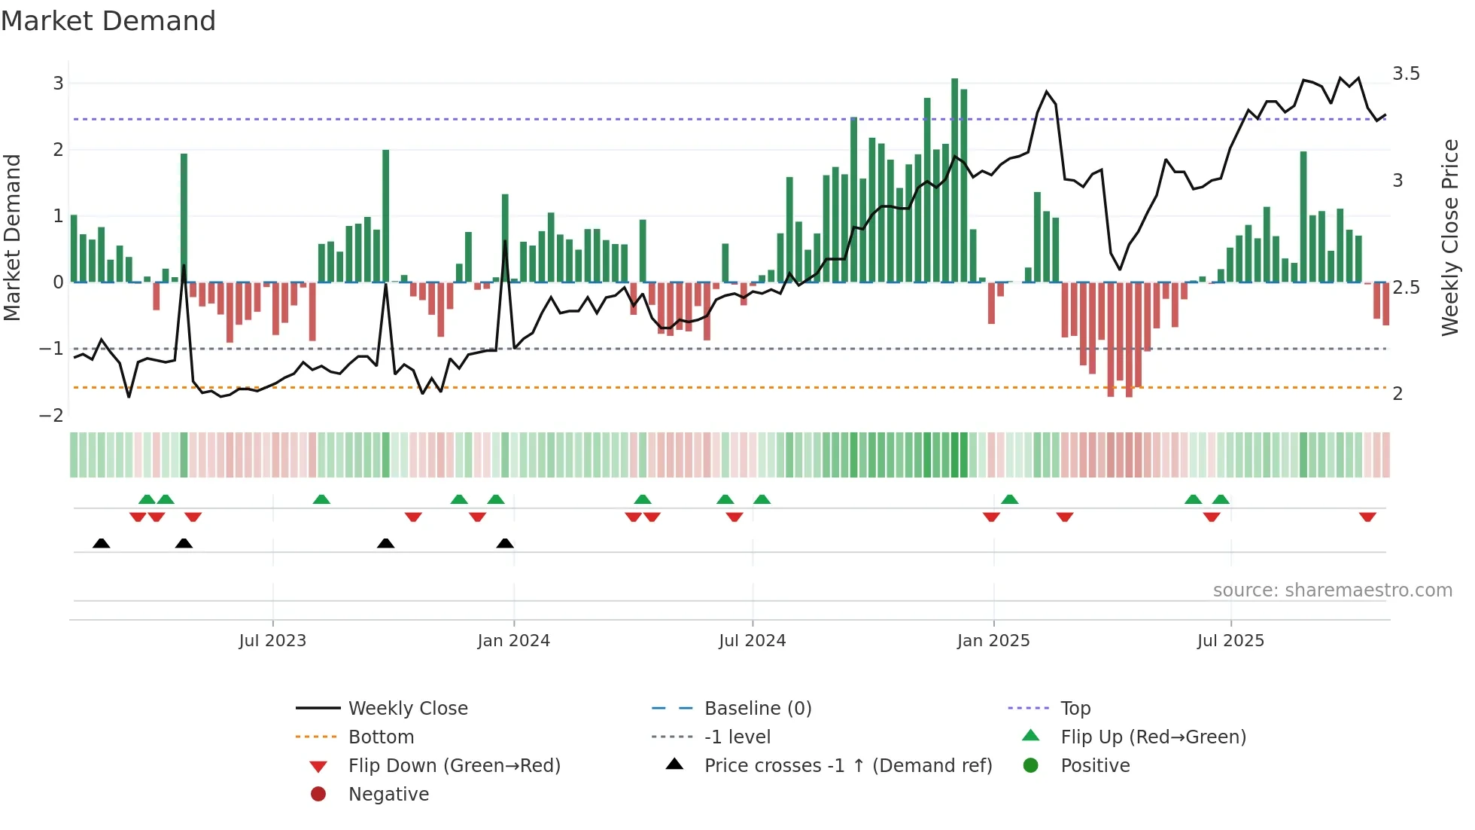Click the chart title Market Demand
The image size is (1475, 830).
point(108,21)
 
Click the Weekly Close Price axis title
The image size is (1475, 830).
point(1449,237)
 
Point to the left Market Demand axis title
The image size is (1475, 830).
point(12,237)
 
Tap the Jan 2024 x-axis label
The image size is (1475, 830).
point(513,641)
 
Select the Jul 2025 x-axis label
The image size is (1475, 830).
point(1230,641)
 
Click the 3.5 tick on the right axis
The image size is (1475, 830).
point(1406,74)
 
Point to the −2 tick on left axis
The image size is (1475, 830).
point(51,416)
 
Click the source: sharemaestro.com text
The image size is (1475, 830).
point(1332,590)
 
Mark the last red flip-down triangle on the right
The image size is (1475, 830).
point(1367,517)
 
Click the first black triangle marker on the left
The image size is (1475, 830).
point(101,543)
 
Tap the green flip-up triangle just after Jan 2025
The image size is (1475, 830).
point(1010,499)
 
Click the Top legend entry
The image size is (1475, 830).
point(1075,709)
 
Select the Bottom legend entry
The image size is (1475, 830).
point(381,737)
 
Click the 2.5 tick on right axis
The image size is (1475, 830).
point(1406,288)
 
